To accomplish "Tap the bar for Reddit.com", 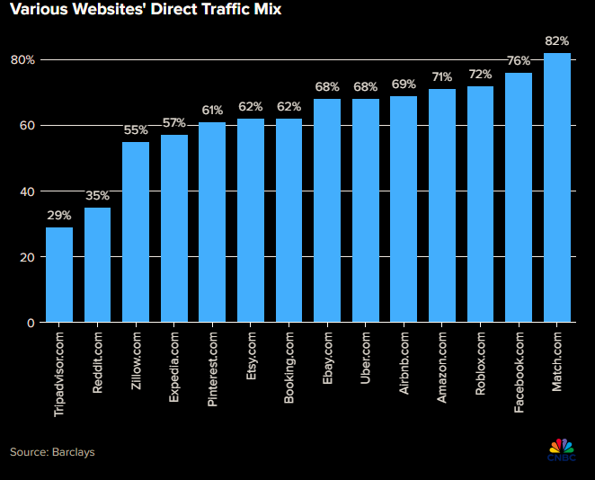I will [x=97, y=265].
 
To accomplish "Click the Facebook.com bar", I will [x=519, y=197].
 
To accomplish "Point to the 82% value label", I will [x=557, y=41].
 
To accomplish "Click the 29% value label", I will [x=59, y=216].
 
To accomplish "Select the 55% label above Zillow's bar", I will [x=136, y=130].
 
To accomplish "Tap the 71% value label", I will [x=442, y=77].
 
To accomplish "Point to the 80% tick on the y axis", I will [x=22, y=60].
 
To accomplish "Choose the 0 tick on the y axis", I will [x=31, y=323].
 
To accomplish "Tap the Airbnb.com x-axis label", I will [x=404, y=364].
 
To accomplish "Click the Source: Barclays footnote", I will [x=52, y=452].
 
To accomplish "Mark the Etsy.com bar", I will [x=251, y=220].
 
